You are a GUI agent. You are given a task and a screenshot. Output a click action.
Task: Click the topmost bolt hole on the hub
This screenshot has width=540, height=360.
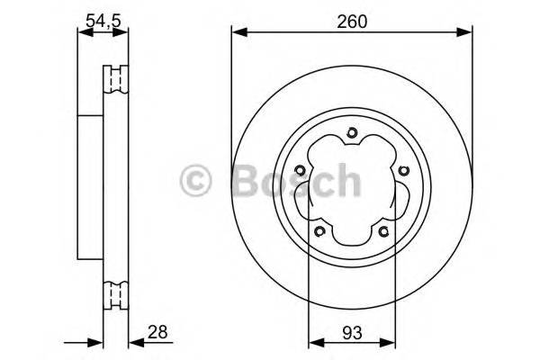tap(352, 136)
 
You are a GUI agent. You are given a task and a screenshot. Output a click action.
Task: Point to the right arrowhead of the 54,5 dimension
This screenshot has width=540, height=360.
tap(123, 33)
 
